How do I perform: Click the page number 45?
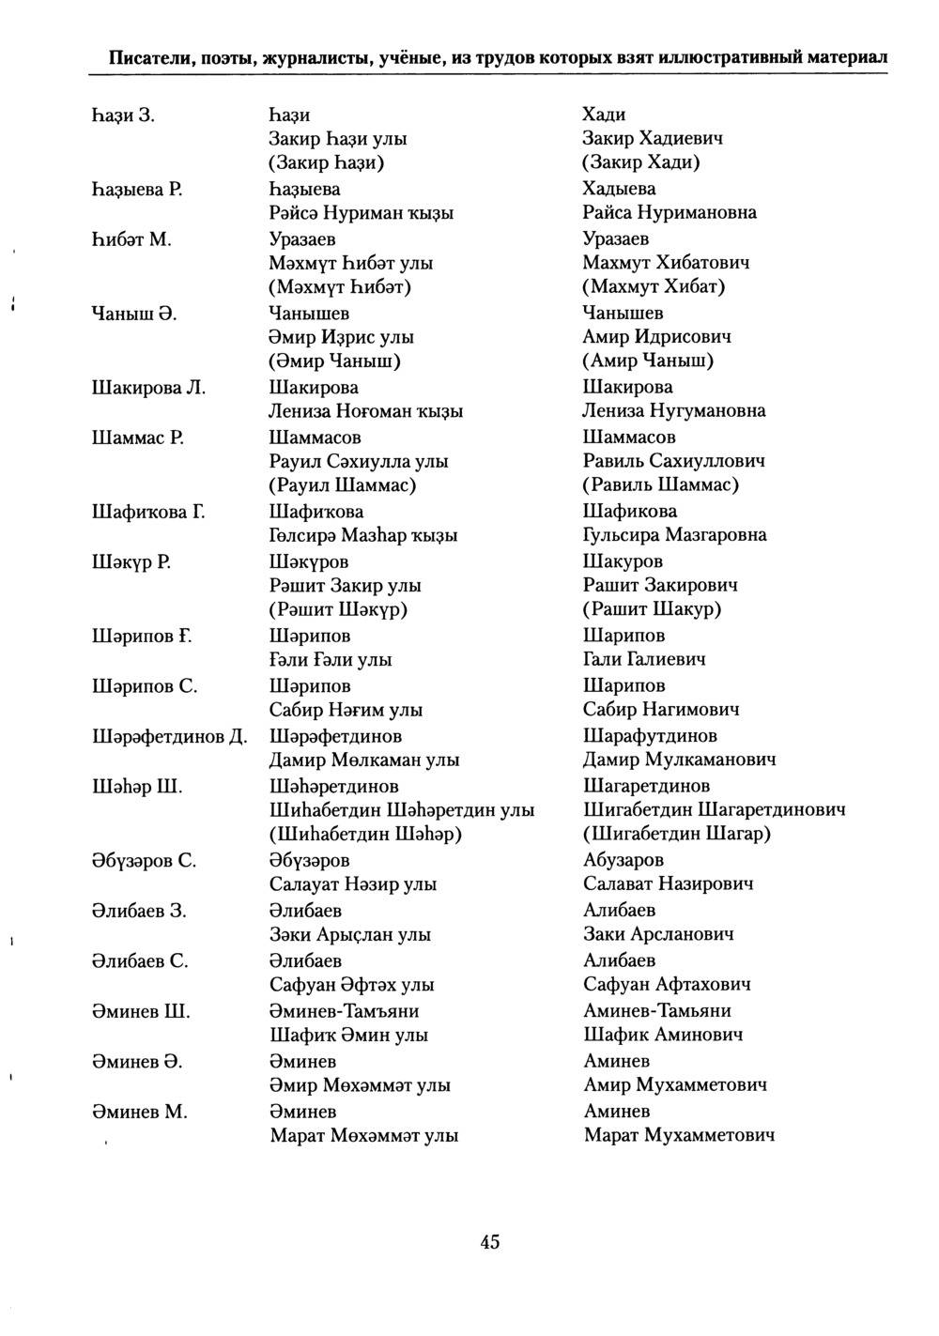point(490,1242)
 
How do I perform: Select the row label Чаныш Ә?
point(135,313)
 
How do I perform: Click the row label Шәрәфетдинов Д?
point(169,736)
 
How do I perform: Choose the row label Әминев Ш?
point(141,1011)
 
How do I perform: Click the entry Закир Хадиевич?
point(653,139)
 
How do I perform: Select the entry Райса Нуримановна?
point(670,213)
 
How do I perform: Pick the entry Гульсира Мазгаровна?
point(674,535)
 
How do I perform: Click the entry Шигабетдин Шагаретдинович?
point(715,809)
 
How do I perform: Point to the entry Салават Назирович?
point(668,883)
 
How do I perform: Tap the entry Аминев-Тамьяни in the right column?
point(657,1011)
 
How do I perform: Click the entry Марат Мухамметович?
point(679,1135)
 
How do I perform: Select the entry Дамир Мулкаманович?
point(679,760)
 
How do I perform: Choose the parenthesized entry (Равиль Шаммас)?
point(661,485)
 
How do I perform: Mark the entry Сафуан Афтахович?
point(667,985)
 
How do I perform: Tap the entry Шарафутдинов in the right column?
point(650,736)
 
